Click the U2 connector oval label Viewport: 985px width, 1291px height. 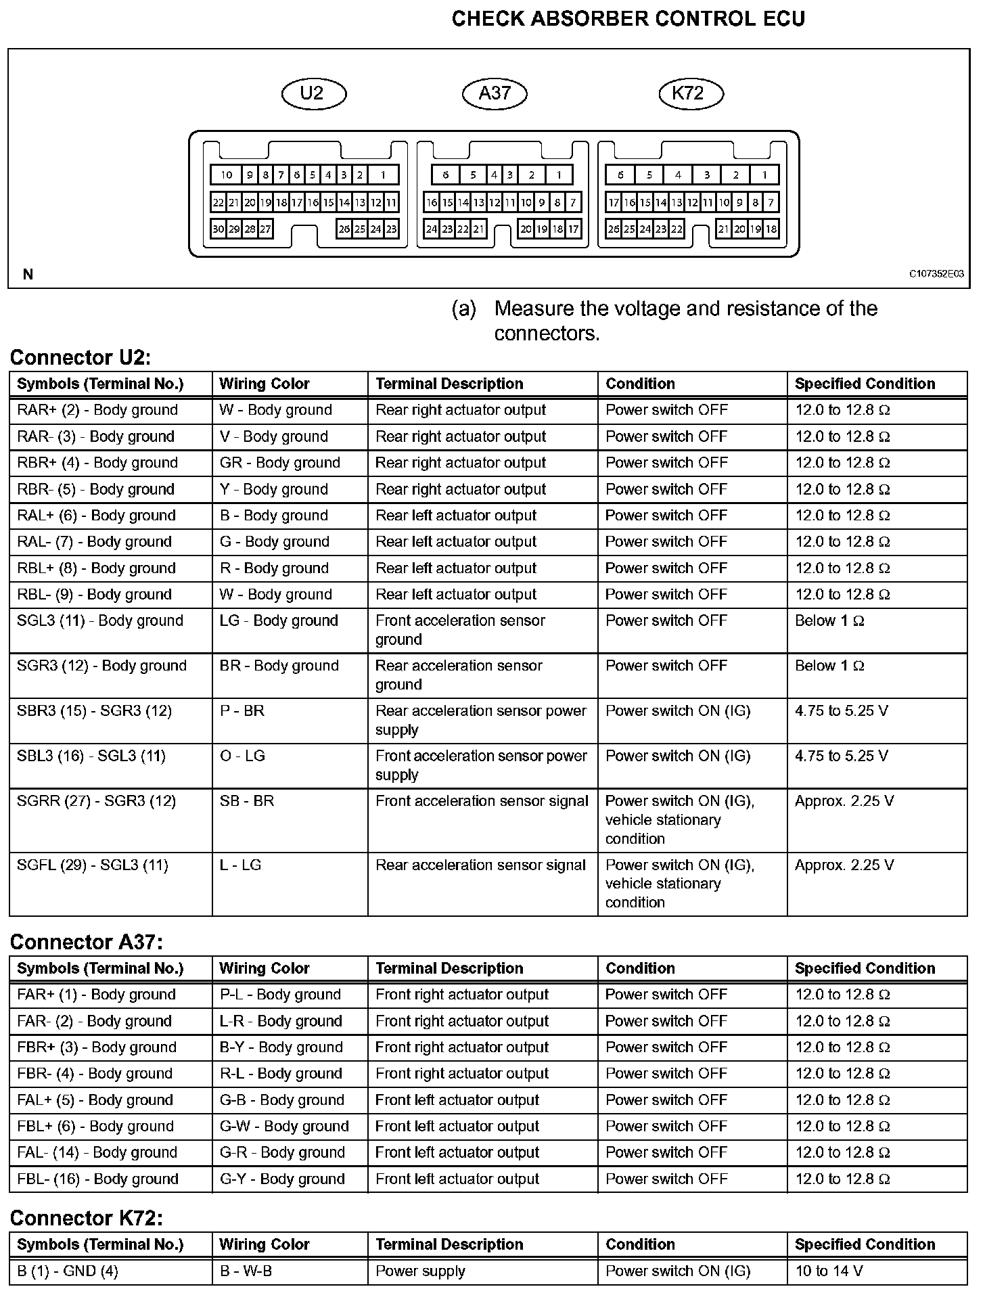pyautogui.click(x=313, y=93)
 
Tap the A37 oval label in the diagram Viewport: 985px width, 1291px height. pyautogui.click(x=494, y=93)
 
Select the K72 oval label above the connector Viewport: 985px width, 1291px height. pyautogui.click(x=690, y=93)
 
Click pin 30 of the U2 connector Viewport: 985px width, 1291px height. pyautogui.click(x=218, y=229)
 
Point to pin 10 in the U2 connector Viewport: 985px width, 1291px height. pyautogui.click(x=227, y=175)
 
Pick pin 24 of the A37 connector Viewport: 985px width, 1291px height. pyautogui.click(x=432, y=229)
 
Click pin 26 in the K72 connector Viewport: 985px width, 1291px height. pyautogui.click(x=614, y=229)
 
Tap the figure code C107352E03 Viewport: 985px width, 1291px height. pyautogui.click(x=936, y=274)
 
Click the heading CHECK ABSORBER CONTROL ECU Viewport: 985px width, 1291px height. pyautogui.click(x=628, y=19)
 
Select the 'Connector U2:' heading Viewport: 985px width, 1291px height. pyautogui.click(x=81, y=357)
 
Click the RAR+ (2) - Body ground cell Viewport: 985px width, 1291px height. pyautogui.click(x=97, y=410)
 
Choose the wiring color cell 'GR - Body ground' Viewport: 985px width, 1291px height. pyautogui.click(x=279, y=463)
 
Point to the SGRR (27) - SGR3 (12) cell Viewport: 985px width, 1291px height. pyautogui.click(x=96, y=801)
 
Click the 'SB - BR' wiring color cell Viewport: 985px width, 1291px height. pyautogui.click(x=246, y=801)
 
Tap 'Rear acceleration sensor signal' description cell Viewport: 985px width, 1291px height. pyautogui.click(x=480, y=865)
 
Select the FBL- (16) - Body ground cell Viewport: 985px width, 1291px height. pyautogui.click(x=97, y=1179)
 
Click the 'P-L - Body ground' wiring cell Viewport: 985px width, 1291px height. pyautogui.click(x=280, y=995)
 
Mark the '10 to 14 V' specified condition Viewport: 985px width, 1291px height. pyautogui.click(x=829, y=1271)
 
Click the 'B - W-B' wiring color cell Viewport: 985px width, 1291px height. pyautogui.click(x=246, y=1271)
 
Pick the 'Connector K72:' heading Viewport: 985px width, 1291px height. pyautogui.click(x=86, y=1218)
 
